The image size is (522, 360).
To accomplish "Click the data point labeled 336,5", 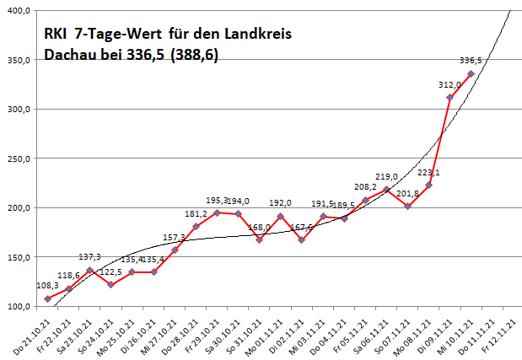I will point(471,74).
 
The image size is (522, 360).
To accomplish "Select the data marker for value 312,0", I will point(449,97).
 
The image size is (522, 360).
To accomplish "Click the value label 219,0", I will point(387,176).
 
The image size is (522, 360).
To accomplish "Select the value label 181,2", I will point(196,213).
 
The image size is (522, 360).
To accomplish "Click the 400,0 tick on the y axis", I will point(16,10).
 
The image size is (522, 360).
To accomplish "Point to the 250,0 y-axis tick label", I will point(16,158).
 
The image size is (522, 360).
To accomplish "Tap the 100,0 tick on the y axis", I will point(16,306).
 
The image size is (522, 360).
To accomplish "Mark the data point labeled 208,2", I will point(365,201).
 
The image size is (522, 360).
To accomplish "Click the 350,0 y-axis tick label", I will point(16,60).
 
